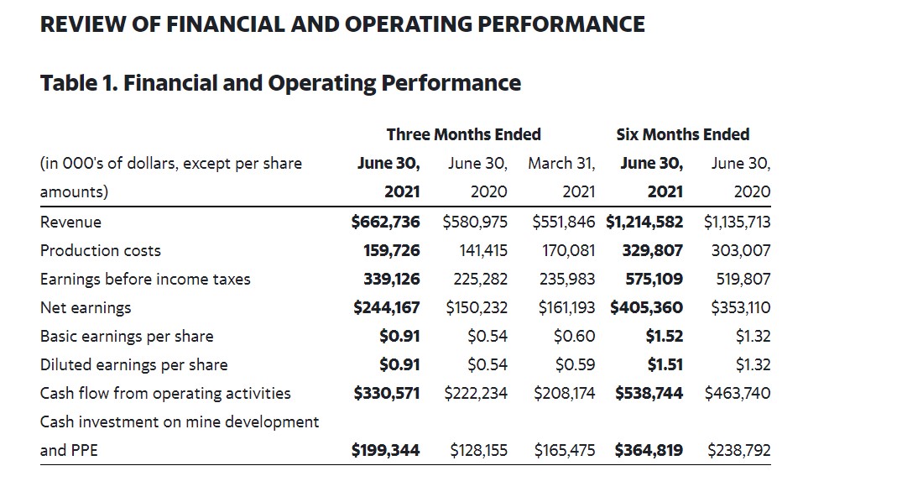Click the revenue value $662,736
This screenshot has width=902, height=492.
[385, 222]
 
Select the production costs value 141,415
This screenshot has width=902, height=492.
[483, 250]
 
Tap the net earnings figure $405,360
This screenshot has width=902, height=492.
[646, 307]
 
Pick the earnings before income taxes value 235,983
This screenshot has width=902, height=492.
[567, 279]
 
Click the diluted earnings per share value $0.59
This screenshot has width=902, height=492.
[575, 364]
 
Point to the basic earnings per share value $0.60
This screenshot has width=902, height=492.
[575, 336]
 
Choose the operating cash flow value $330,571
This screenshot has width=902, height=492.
[387, 393]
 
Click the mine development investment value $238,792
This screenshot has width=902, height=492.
[738, 450]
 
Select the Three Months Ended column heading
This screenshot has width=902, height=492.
[463, 134]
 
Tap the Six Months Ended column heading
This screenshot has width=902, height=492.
[682, 134]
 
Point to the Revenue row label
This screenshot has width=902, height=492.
[70, 222]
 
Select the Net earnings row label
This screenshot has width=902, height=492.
[86, 307]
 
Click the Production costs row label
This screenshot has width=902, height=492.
[100, 250]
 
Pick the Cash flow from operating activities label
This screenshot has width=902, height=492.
[165, 393]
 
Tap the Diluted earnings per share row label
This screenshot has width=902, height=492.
[133, 364]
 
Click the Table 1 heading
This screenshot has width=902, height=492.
[280, 83]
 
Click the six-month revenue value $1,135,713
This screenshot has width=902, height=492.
[737, 222]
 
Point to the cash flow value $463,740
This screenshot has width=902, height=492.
[738, 393]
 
